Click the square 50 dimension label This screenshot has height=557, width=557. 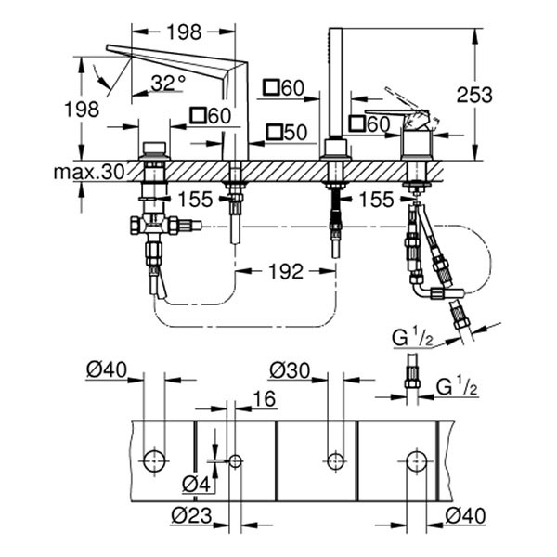pyautogui.click(x=284, y=133)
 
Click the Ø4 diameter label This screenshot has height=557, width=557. pyautogui.click(x=195, y=484)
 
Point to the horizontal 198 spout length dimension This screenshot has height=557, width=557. pyautogui.click(x=184, y=32)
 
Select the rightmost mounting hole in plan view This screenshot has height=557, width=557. pyautogui.click(x=415, y=459)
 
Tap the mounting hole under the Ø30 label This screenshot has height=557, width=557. pyautogui.click(x=334, y=459)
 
